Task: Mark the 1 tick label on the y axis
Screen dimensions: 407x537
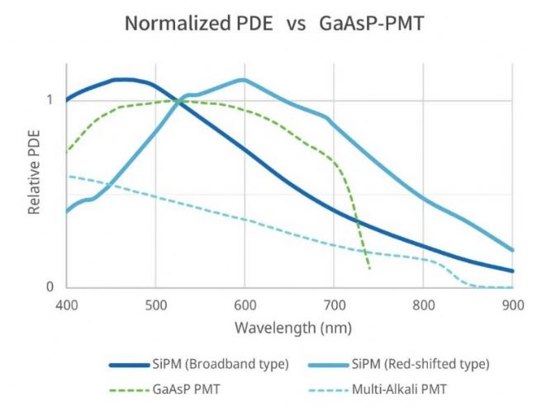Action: (50, 100)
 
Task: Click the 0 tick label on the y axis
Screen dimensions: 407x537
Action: (50, 287)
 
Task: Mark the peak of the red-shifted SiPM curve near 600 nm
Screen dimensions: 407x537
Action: (243, 80)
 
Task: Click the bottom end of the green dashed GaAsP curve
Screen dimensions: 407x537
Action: (368, 269)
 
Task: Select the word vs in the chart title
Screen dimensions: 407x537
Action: (295, 24)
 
